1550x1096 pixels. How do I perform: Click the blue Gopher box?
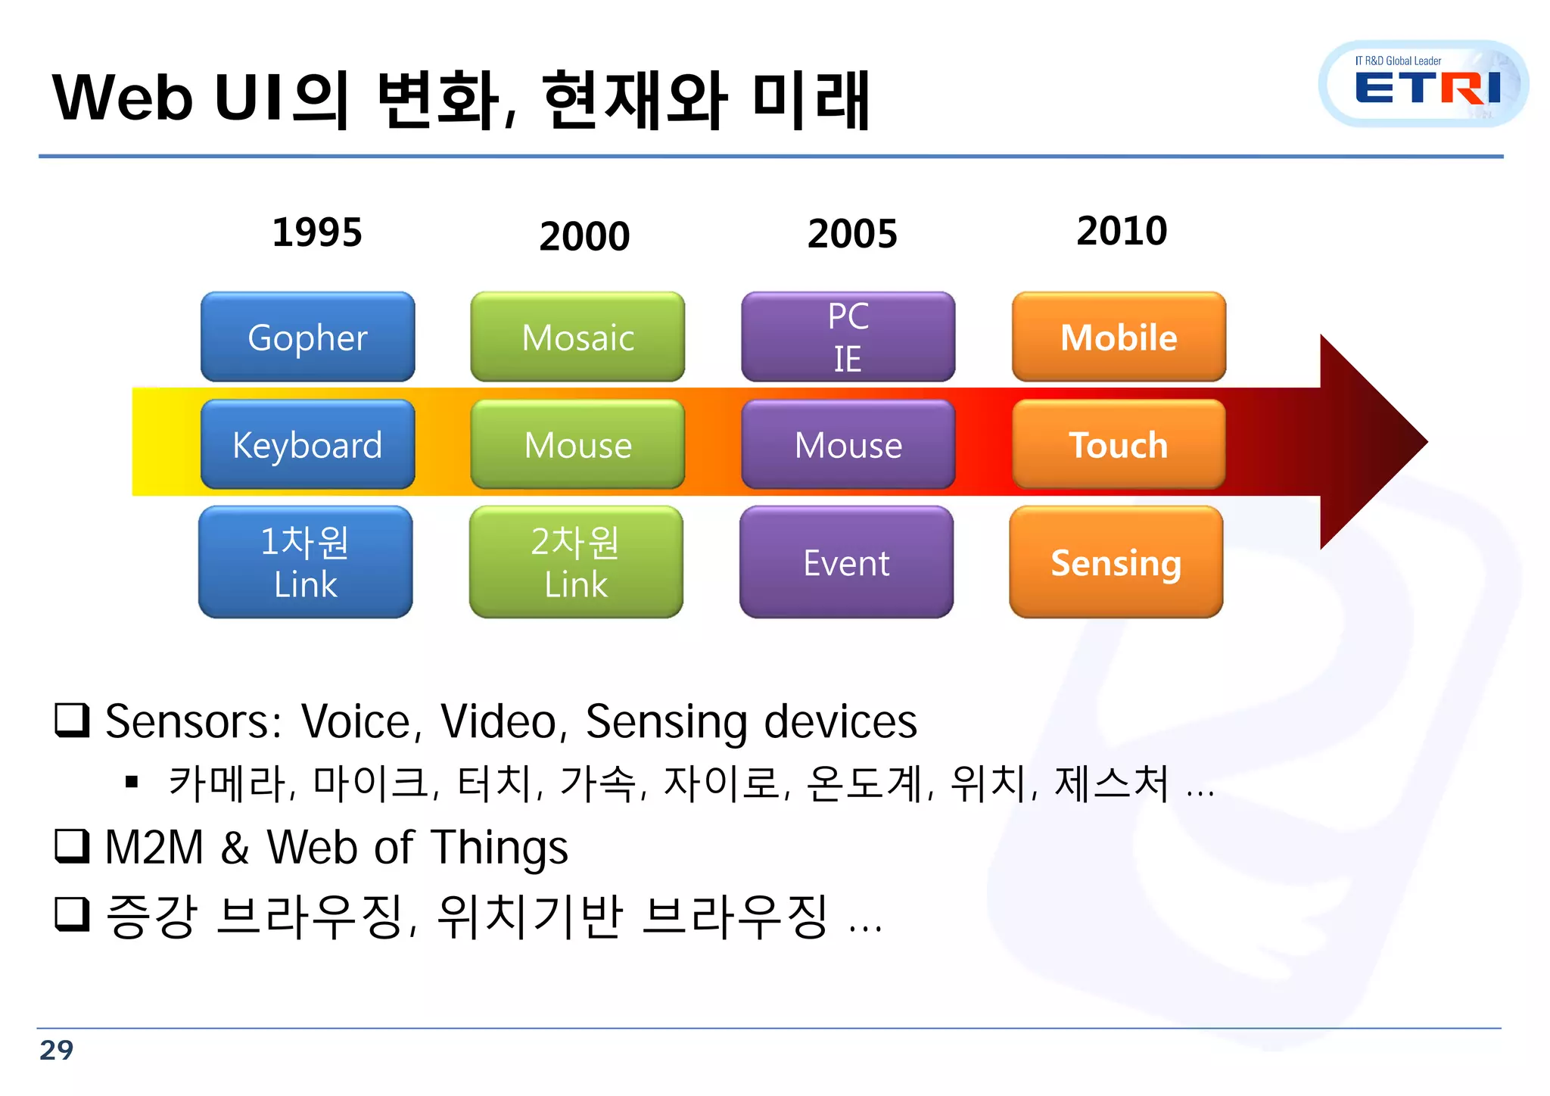[307, 338]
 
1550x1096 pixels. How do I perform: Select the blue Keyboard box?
[307, 445]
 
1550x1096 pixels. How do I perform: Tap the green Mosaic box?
[577, 338]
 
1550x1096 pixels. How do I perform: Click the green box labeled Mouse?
[577, 445]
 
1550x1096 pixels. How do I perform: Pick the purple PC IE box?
[848, 338]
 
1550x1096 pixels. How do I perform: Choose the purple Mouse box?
[848, 445]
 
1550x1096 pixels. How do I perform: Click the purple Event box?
[846, 562]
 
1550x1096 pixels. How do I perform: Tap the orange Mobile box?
[1119, 338]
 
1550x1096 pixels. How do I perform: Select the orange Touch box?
[1119, 445]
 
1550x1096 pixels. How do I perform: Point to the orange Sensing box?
[1116, 562]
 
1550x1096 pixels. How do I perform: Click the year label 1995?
[317, 232]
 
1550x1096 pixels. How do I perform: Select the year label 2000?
[584, 236]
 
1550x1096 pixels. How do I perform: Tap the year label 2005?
[852, 234]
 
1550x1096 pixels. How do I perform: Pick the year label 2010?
[1122, 231]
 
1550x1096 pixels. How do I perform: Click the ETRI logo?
[1423, 85]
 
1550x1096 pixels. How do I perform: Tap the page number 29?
[57, 1051]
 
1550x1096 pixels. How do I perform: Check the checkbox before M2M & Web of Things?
[73, 846]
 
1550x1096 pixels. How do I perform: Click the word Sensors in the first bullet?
[192, 721]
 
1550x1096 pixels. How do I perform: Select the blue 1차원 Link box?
[305, 562]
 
